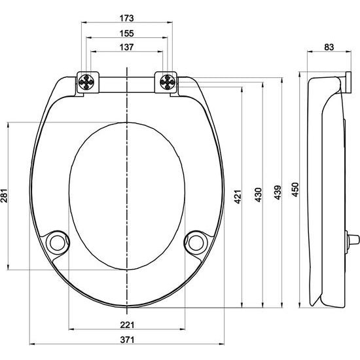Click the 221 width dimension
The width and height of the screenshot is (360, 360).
[x=127, y=324]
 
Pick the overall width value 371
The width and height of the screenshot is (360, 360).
[x=127, y=340]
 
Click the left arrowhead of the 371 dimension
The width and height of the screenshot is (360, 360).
[x=30, y=345]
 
